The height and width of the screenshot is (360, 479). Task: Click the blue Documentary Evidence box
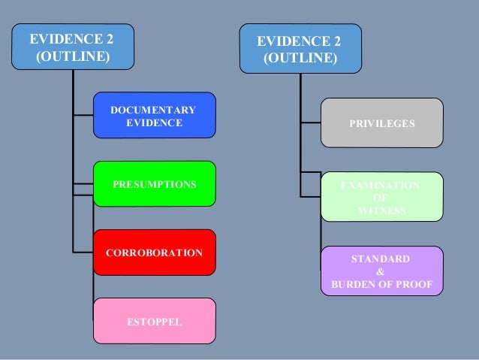click(154, 115)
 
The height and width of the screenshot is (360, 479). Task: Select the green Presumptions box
click(154, 184)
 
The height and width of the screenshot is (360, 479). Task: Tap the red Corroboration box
click(154, 253)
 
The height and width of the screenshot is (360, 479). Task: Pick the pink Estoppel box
click(154, 321)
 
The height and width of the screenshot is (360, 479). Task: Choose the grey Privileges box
click(381, 123)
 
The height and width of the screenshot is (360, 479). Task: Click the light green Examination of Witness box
click(381, 197)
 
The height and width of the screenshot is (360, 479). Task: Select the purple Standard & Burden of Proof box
click(381, 271)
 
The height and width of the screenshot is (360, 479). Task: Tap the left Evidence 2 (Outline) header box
click(72, 47)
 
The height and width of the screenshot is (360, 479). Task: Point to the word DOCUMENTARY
click(154, 110)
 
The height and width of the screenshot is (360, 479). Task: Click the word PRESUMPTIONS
click(154, 184)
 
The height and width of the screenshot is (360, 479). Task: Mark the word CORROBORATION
click(154, 253)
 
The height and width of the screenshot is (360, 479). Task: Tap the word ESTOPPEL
click(154, 322)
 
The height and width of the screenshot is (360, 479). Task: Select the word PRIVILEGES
click(381, 123)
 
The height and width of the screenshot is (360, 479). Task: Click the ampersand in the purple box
click(381, 272)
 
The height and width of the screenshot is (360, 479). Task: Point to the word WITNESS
click(382, 210)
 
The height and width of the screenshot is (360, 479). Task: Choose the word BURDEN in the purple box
click(362, 285)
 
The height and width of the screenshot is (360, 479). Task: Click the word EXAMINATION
click(381, 184)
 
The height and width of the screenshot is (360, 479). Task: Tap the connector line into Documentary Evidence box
click(83, 115)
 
